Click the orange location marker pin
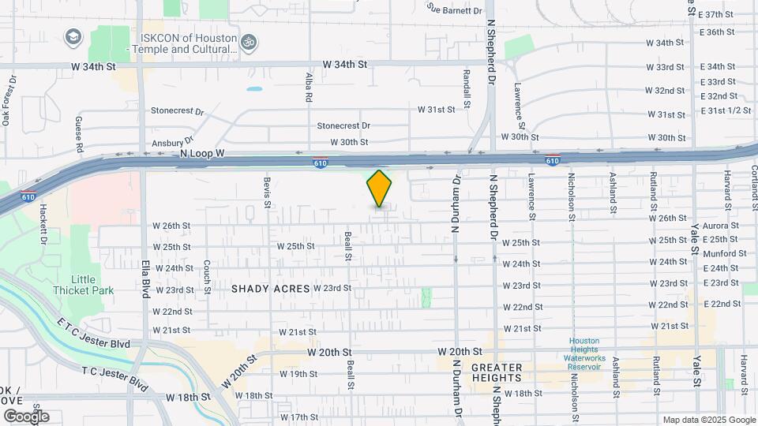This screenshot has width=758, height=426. click(379, 188)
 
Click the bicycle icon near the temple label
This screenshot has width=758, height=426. click(249, 40)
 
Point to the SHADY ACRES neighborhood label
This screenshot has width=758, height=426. click(270, 289)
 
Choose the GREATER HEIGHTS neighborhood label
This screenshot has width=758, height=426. click(497, 372)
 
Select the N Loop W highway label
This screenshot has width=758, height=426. click(202, 154)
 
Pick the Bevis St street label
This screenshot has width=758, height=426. click(268, 192)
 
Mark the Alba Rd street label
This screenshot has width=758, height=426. click(309, 88)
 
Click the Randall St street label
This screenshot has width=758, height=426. click(467, 88)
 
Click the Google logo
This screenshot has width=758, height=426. click(26, 416)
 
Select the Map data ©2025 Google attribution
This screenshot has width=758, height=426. click(708, 420)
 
